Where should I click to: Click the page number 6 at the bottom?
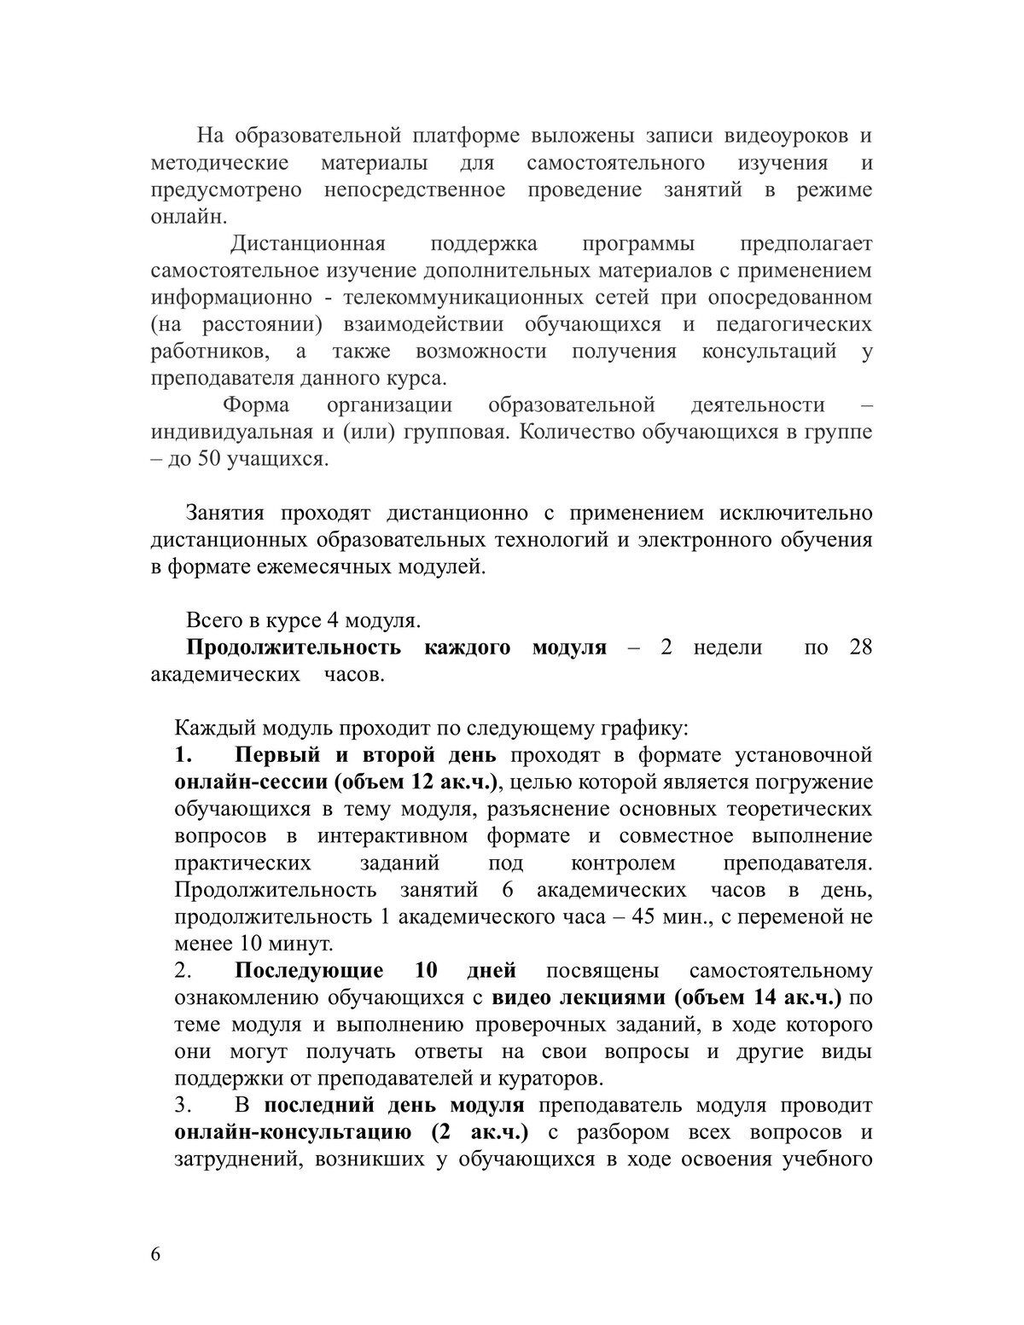[x=155, y=1253]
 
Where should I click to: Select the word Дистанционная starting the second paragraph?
[x=308, y=244]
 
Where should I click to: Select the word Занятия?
[x=225, y=514]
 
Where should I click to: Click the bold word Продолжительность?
[x=294, y=648]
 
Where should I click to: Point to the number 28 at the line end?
[x=861, y=648]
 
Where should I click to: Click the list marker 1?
[x=183, y=756]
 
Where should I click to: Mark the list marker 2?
[x=183, y=972]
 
